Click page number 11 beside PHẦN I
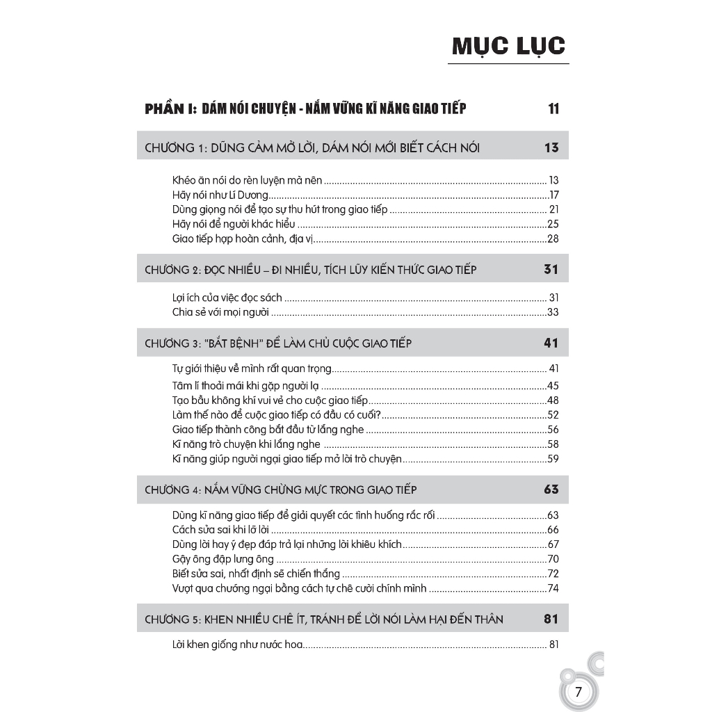tap(553, 108)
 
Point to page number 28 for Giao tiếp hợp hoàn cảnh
tap(553, 238)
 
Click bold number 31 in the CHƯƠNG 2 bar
tap(551, 269)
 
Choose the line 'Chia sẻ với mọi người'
tap(220, 312)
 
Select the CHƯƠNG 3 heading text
tap(278, 343)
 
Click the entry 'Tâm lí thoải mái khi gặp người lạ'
tap(245, 385)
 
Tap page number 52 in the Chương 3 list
tap(553, 414)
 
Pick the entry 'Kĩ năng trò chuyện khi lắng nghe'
tap(246, 444)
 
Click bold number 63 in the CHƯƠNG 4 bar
tap(551, 489)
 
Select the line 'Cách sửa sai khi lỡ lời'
tap(220, 530)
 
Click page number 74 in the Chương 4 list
tap(553, 588)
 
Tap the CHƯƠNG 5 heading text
tap(324, 619)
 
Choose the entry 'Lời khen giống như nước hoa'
tap(237, 645)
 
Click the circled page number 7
tap(578, 692)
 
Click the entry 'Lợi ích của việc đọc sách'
tap(227, 298)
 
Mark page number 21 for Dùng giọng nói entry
tap(553, 209)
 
